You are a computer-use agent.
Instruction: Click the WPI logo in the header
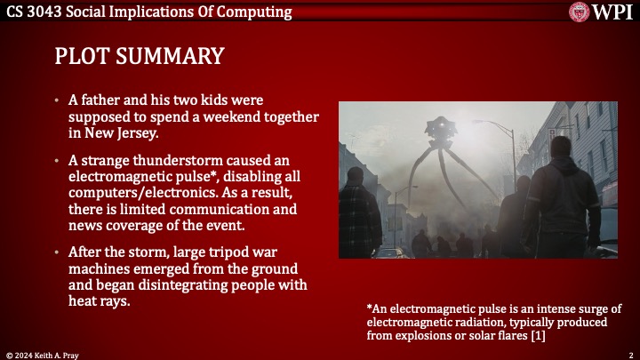pos(602,12)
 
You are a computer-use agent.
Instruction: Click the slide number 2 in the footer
pos(629,354)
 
